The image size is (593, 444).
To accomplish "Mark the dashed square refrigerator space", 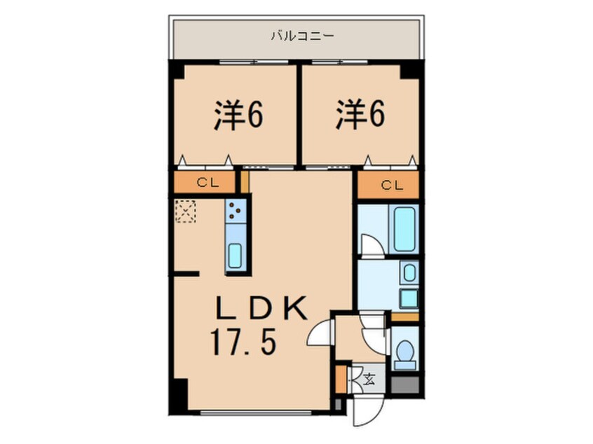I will (x=186, y=211).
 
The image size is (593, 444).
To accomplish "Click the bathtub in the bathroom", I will (x=404, y=228).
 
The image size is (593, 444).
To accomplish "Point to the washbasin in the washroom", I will (x=409, y=272).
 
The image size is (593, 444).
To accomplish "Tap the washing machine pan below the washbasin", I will (x=409, y=298).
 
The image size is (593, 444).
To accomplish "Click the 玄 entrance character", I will (x=369, y=380).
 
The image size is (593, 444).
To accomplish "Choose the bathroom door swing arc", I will (x=369, y=244).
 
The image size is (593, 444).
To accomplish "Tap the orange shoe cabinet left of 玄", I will (x=341, y=378).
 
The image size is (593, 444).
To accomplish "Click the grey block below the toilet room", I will (x=404, y=384).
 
